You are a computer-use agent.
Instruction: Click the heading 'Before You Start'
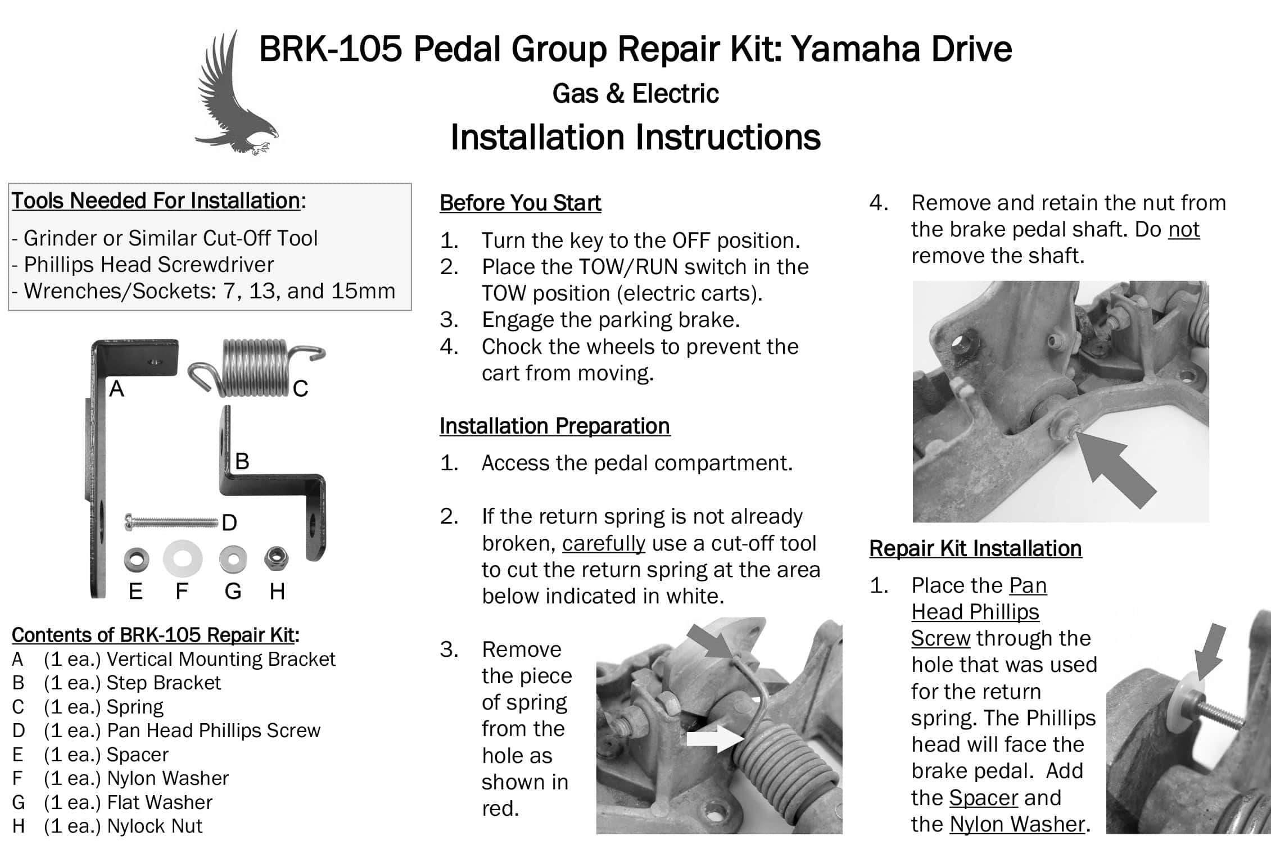tap(520, 203)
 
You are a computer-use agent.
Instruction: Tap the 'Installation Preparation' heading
tap(554, 426)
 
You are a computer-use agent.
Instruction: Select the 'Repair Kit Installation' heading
tap(975, 548)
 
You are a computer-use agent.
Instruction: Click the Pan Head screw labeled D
tap(171, 522)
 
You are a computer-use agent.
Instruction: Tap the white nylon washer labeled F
tap(183, 559)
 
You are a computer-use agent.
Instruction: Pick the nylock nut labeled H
tap(276, 557)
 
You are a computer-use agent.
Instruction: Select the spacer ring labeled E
tap(136, 559)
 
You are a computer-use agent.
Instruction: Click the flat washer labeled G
tap(233, 558)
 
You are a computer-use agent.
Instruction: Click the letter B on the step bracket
tap(242, 461)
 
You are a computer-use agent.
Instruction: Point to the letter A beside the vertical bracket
tap(116, 388)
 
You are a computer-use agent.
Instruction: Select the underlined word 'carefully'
tap(604, 543)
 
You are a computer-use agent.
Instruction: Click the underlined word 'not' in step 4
tap(1184, 229)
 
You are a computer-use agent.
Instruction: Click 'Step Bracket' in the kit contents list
tap(164, 683)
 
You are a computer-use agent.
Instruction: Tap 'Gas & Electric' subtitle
tap(635, 93)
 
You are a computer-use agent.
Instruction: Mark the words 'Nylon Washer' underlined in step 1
tap(1017, 824)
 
